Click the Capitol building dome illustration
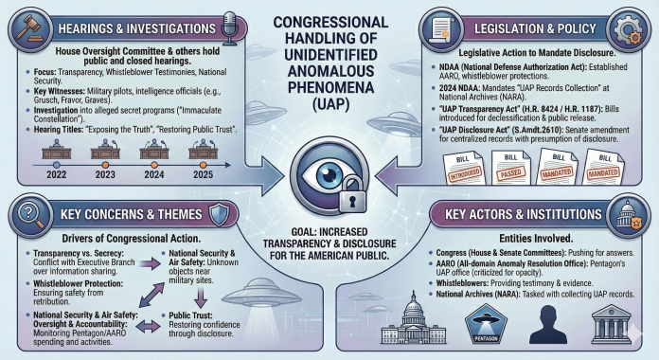click(410, 317)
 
